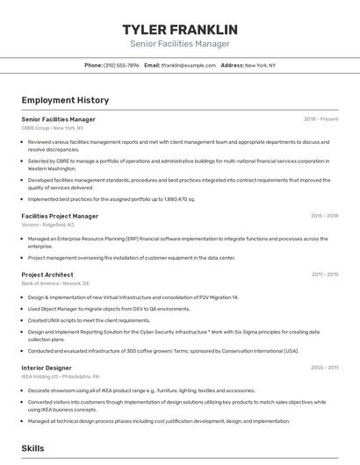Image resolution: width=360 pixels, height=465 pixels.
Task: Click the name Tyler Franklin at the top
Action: point(179,29)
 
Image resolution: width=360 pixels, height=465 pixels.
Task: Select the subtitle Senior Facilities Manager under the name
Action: point(179,44)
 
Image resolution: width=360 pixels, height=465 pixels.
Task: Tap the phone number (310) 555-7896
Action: point(121,65)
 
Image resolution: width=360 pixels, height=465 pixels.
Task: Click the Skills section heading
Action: point(32,448)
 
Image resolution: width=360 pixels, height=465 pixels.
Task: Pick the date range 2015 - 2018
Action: point(324,216)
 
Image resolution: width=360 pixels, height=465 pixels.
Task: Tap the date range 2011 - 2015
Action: point(325,275)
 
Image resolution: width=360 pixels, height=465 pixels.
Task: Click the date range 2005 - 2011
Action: point(325,368)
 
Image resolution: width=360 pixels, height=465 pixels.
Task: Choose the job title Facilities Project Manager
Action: point(60,216)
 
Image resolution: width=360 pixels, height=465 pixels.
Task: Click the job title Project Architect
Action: point(47,275)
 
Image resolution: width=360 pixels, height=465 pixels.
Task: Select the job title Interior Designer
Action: point(47,368)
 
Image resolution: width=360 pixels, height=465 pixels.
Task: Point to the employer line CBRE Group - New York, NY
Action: point(54,128)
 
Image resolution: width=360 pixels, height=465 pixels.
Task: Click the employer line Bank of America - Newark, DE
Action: point(57,283)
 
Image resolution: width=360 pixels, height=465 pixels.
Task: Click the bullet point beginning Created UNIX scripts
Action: point(89,320)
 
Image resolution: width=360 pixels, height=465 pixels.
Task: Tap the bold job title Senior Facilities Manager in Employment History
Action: point(58,119)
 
